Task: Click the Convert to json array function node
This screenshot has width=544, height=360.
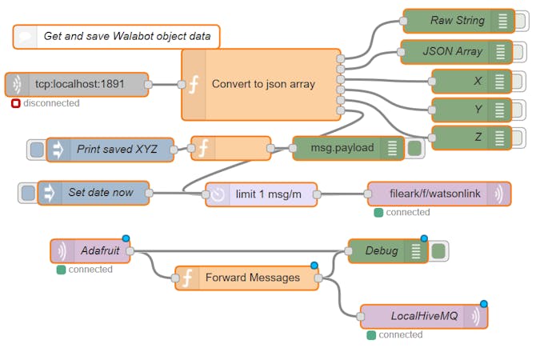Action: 262,84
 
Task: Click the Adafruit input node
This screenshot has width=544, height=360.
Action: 91,251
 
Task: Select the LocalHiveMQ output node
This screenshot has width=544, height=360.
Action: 423,317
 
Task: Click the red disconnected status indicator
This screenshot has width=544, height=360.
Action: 16,103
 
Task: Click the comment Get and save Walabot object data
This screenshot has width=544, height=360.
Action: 117,36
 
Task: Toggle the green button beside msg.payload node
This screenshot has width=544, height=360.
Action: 414,148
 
